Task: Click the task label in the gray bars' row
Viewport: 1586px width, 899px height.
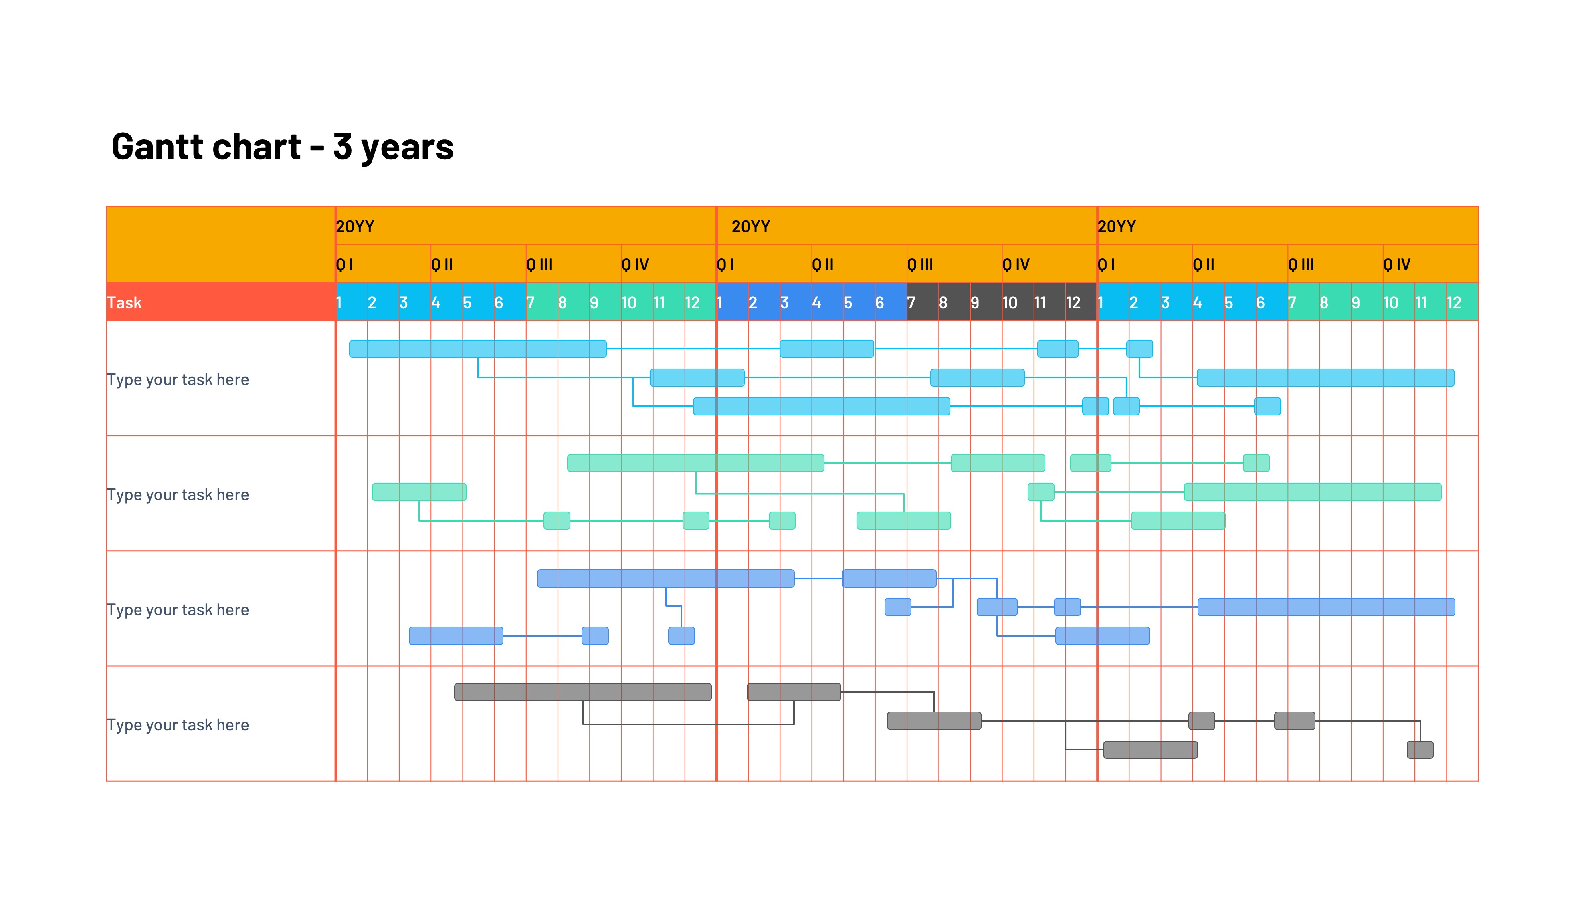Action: pos(178,724)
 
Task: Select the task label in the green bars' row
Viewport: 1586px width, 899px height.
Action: pos(178,495)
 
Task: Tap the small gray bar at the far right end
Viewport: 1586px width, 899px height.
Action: pos(1420,750)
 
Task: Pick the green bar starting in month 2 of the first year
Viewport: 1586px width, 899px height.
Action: pos(419,492)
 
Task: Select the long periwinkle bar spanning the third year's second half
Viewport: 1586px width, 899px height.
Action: pos(1326,607)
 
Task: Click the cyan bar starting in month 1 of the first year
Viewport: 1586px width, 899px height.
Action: pos(477,349)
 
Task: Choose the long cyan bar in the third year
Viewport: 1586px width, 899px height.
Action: pos(1325,377)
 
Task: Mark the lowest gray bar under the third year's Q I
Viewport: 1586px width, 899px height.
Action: pos(1150,750)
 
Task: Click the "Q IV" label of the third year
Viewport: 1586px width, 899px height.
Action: pos(1396,265)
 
